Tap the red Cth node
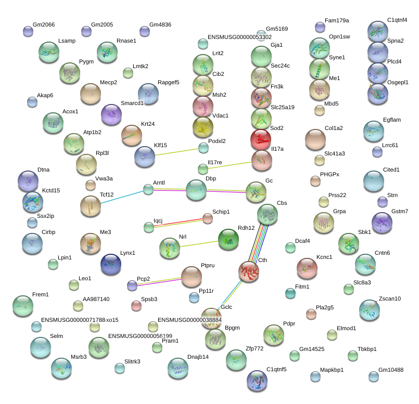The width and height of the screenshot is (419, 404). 249,271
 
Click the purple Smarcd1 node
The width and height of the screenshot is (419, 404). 110,114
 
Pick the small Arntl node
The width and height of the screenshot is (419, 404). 148,189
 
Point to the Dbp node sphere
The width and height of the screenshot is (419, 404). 196,190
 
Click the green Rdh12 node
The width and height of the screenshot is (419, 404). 228,239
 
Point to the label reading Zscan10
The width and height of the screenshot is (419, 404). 390,298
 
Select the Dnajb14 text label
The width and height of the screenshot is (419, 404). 198,357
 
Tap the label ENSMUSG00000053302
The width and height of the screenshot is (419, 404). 239,37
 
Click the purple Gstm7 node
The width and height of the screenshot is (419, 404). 382,223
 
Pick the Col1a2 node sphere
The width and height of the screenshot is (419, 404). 315,139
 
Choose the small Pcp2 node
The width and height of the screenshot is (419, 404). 132,285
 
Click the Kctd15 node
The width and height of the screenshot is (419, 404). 33,202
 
